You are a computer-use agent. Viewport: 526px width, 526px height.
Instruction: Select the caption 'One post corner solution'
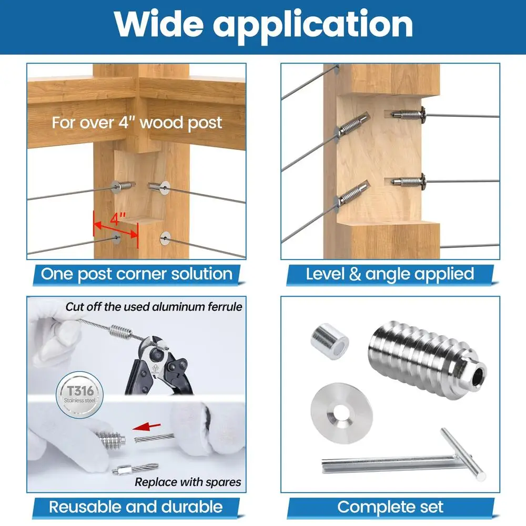tap(137, 274)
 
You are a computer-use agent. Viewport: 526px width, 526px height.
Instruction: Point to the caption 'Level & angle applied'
tap(390, 274)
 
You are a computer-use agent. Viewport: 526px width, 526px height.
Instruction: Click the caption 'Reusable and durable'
tap(136, 507)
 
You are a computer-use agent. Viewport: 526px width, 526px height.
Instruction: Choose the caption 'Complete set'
tap(390, 507)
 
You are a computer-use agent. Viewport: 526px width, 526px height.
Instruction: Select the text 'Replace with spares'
tap(188, 482)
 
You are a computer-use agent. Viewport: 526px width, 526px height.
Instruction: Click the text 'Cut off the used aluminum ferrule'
tap(154, 306)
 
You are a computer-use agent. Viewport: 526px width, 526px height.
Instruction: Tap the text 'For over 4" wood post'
tap(137, 123)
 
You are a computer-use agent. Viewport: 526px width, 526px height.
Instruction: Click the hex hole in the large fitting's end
tap(477, 377)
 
